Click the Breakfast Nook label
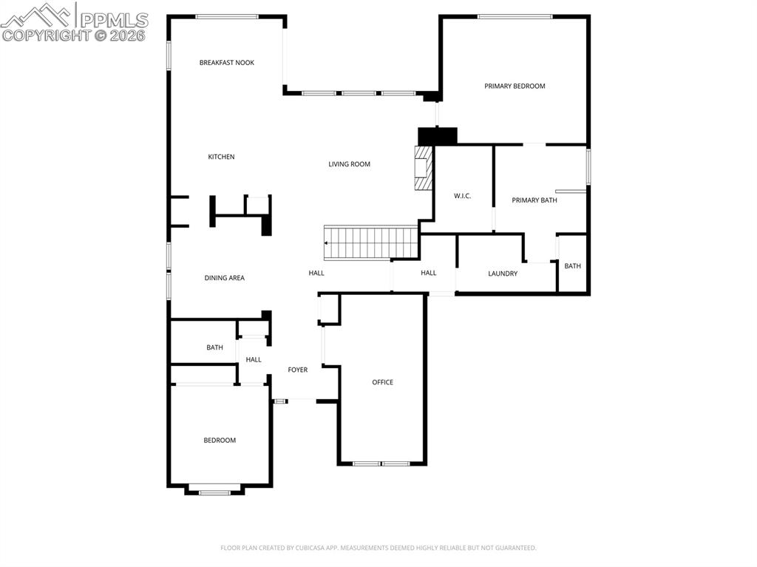tap(226, 63)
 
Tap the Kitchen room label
tap(221, 157)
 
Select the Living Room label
tap(349, 164)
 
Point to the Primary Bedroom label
tap(515, 86)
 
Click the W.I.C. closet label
tap(462, 196)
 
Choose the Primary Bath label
tap(534, 200)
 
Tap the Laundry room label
tap(503, 274)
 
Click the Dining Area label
tap(224, 278)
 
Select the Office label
tap(382, 382)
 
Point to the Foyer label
tap(297, 370)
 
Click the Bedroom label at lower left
tap(220, 441)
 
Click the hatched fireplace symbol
tap(423, 168)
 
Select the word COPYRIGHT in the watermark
tap(46, 35)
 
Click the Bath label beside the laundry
tap(572, 266)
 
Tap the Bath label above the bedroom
tap(214, 347)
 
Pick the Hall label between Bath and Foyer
tap(254, 360)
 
